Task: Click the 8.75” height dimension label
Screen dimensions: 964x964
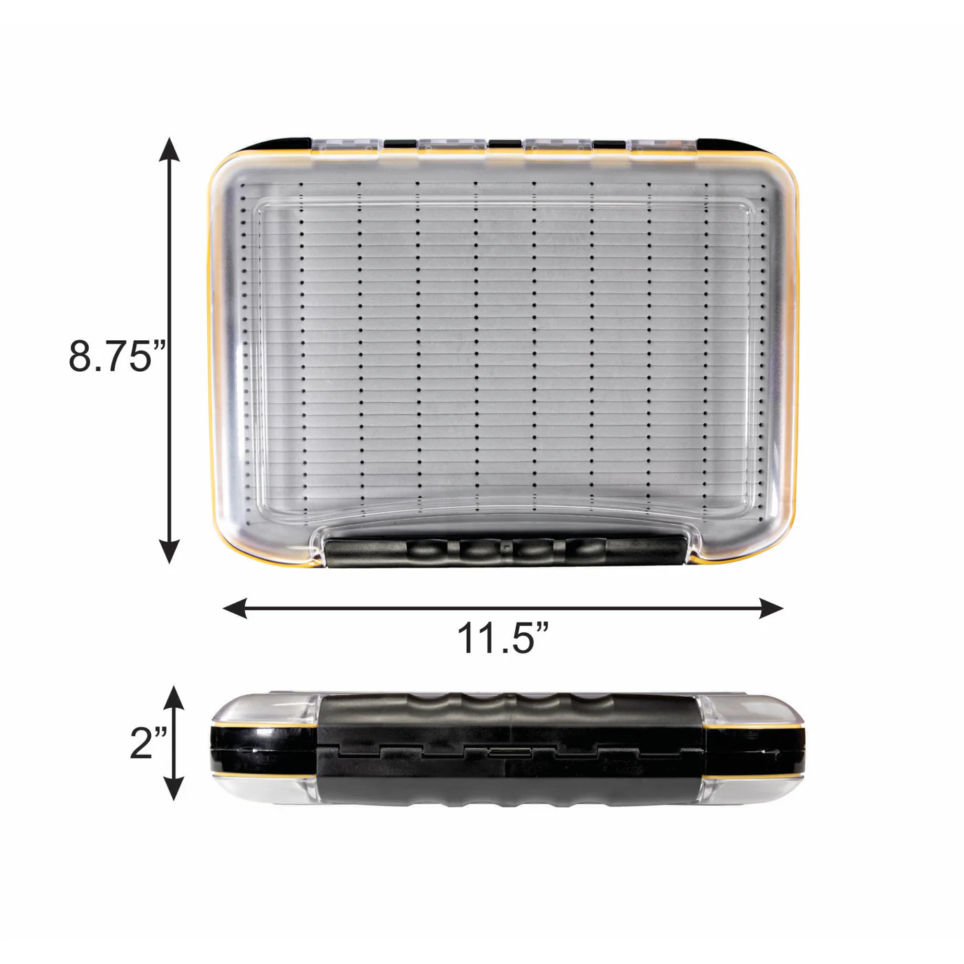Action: pos(116,356)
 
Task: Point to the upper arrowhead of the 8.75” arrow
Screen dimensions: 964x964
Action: pos(169,149)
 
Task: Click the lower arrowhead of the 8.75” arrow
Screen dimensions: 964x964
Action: pos(169,552)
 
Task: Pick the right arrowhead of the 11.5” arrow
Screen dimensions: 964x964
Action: pos(771,608)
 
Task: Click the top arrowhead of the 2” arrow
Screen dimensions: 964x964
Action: pos(174,698)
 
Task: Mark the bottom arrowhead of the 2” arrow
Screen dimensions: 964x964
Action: pos(174,788)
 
